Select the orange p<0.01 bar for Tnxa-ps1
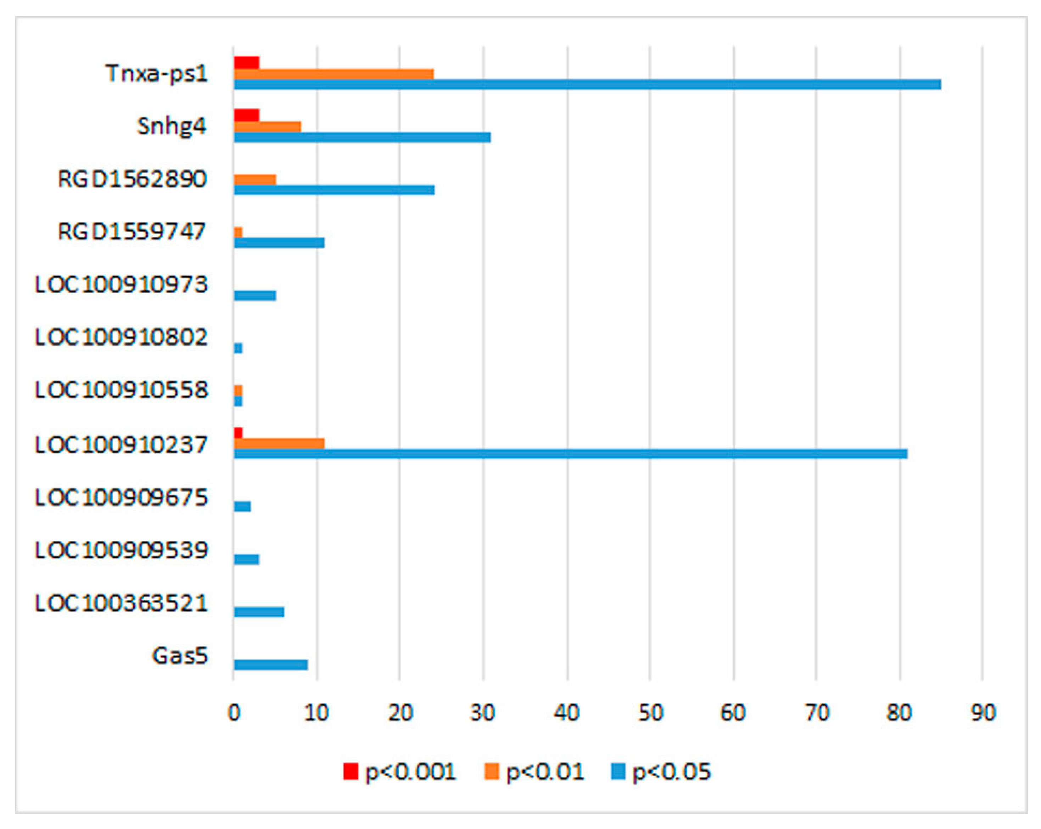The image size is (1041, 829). [x=334, y=74]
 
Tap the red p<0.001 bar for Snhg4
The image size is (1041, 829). [x=247, y=116]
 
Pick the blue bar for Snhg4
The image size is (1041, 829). [x=362, y=137]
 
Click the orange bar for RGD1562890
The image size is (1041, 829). [x=255, y=179]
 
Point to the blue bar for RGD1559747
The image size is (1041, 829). [x=279, y=242]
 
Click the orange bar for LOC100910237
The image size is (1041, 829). [x=279, y=443]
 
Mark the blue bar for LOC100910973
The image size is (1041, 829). [x=255, y=295]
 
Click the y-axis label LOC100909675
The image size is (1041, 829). [x=121, y=497]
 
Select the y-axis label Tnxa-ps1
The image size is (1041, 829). [x=156, y=74]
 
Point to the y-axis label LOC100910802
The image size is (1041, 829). [x=121, y=337]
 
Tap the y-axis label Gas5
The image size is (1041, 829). [x=180, y=656]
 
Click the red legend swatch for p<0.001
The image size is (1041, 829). [x=351, y=771]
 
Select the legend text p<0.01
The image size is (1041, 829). [x=545, y=772]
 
